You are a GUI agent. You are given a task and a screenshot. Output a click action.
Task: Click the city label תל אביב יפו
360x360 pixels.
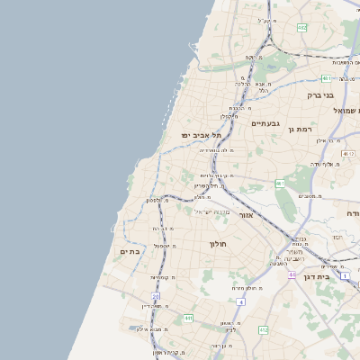click(195, 134)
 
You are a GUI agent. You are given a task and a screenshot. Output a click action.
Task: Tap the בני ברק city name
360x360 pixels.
click(319, 94)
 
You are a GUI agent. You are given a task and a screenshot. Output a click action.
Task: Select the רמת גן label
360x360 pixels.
click(298, 130)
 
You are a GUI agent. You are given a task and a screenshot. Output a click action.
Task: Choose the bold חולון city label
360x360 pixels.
click(218, 244)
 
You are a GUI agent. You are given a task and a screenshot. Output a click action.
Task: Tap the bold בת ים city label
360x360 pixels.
click(130, 252)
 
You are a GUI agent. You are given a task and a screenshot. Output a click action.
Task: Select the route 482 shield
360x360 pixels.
click(302, 28)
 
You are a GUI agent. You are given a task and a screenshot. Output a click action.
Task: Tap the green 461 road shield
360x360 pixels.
click(281, 184)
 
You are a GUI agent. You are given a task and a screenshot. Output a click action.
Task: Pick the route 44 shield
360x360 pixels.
click(292, 274)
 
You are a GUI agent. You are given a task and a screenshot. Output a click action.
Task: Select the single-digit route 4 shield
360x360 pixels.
click(240, 301)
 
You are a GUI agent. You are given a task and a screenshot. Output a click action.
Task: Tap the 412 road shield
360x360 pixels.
click(263, 330)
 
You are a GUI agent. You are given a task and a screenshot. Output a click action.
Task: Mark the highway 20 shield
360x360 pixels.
click(155, 295)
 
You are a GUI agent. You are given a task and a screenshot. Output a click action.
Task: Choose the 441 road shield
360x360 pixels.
click(188, 318)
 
